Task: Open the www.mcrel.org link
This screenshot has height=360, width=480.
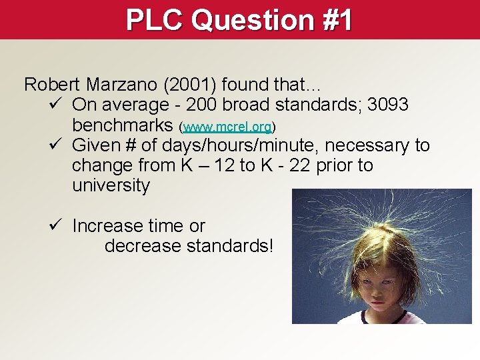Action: (x=227, y=126)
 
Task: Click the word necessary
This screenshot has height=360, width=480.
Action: (x=369, y=145)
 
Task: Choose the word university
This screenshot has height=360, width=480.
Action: (x=111, y=185)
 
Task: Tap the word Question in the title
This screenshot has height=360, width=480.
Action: (x=251, y=19)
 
